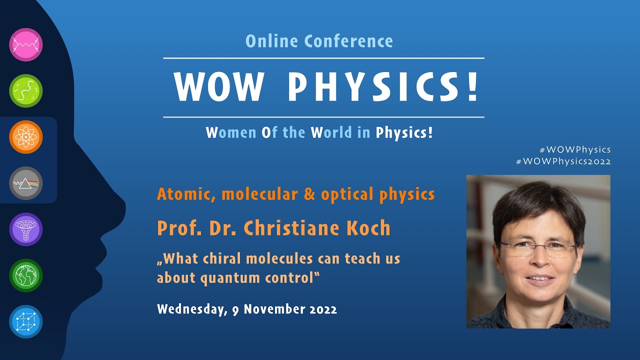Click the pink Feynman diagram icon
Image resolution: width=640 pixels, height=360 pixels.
[x=26, y=45]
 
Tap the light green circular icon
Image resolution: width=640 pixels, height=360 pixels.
[x=26, y=91]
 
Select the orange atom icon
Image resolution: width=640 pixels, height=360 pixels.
[x=26, y=137]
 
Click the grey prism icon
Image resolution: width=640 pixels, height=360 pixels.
[x=26, y=183]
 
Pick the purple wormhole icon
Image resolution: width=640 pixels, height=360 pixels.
[x=26, y=229]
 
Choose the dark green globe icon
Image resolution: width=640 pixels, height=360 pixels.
[x=26, y=275]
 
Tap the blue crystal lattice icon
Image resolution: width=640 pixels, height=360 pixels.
[x=26, y=321]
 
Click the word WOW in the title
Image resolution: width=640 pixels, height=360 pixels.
[x=218, y=87]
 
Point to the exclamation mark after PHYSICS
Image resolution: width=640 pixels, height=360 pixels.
[x=472, y=87]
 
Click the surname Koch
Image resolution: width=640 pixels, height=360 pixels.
[x=368, y=228]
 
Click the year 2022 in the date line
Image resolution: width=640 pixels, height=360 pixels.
[x=320, y=309]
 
